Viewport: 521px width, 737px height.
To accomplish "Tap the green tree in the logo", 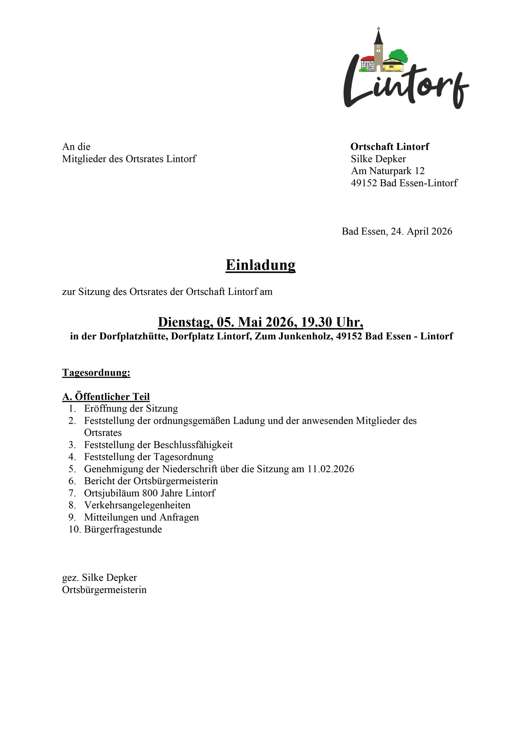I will [400, 55].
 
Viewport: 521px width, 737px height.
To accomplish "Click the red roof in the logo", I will [367, 58].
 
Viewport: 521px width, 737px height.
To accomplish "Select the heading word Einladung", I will [260, 265].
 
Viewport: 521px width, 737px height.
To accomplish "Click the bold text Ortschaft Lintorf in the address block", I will [390, 147].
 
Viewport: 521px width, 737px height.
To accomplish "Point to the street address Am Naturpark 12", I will [387, 171].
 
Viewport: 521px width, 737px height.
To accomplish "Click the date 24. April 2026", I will [421, 231].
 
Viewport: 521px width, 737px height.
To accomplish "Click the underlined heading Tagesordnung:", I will [96, 373].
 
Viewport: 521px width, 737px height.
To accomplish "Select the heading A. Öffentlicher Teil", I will [106, 397].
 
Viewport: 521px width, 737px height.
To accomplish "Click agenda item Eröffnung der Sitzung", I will [131, 409].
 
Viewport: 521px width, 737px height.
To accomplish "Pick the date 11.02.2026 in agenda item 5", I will [330, 469].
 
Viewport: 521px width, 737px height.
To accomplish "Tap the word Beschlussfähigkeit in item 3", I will [193, 445].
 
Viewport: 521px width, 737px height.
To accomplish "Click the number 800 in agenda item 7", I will [150, 493].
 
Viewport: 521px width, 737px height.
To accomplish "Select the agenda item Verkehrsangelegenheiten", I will [137, 505].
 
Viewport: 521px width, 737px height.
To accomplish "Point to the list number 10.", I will [74, 529].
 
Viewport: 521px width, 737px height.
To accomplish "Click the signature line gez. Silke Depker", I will [99, 578].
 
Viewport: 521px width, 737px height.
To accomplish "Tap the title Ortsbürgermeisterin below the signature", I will [104, 590].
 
